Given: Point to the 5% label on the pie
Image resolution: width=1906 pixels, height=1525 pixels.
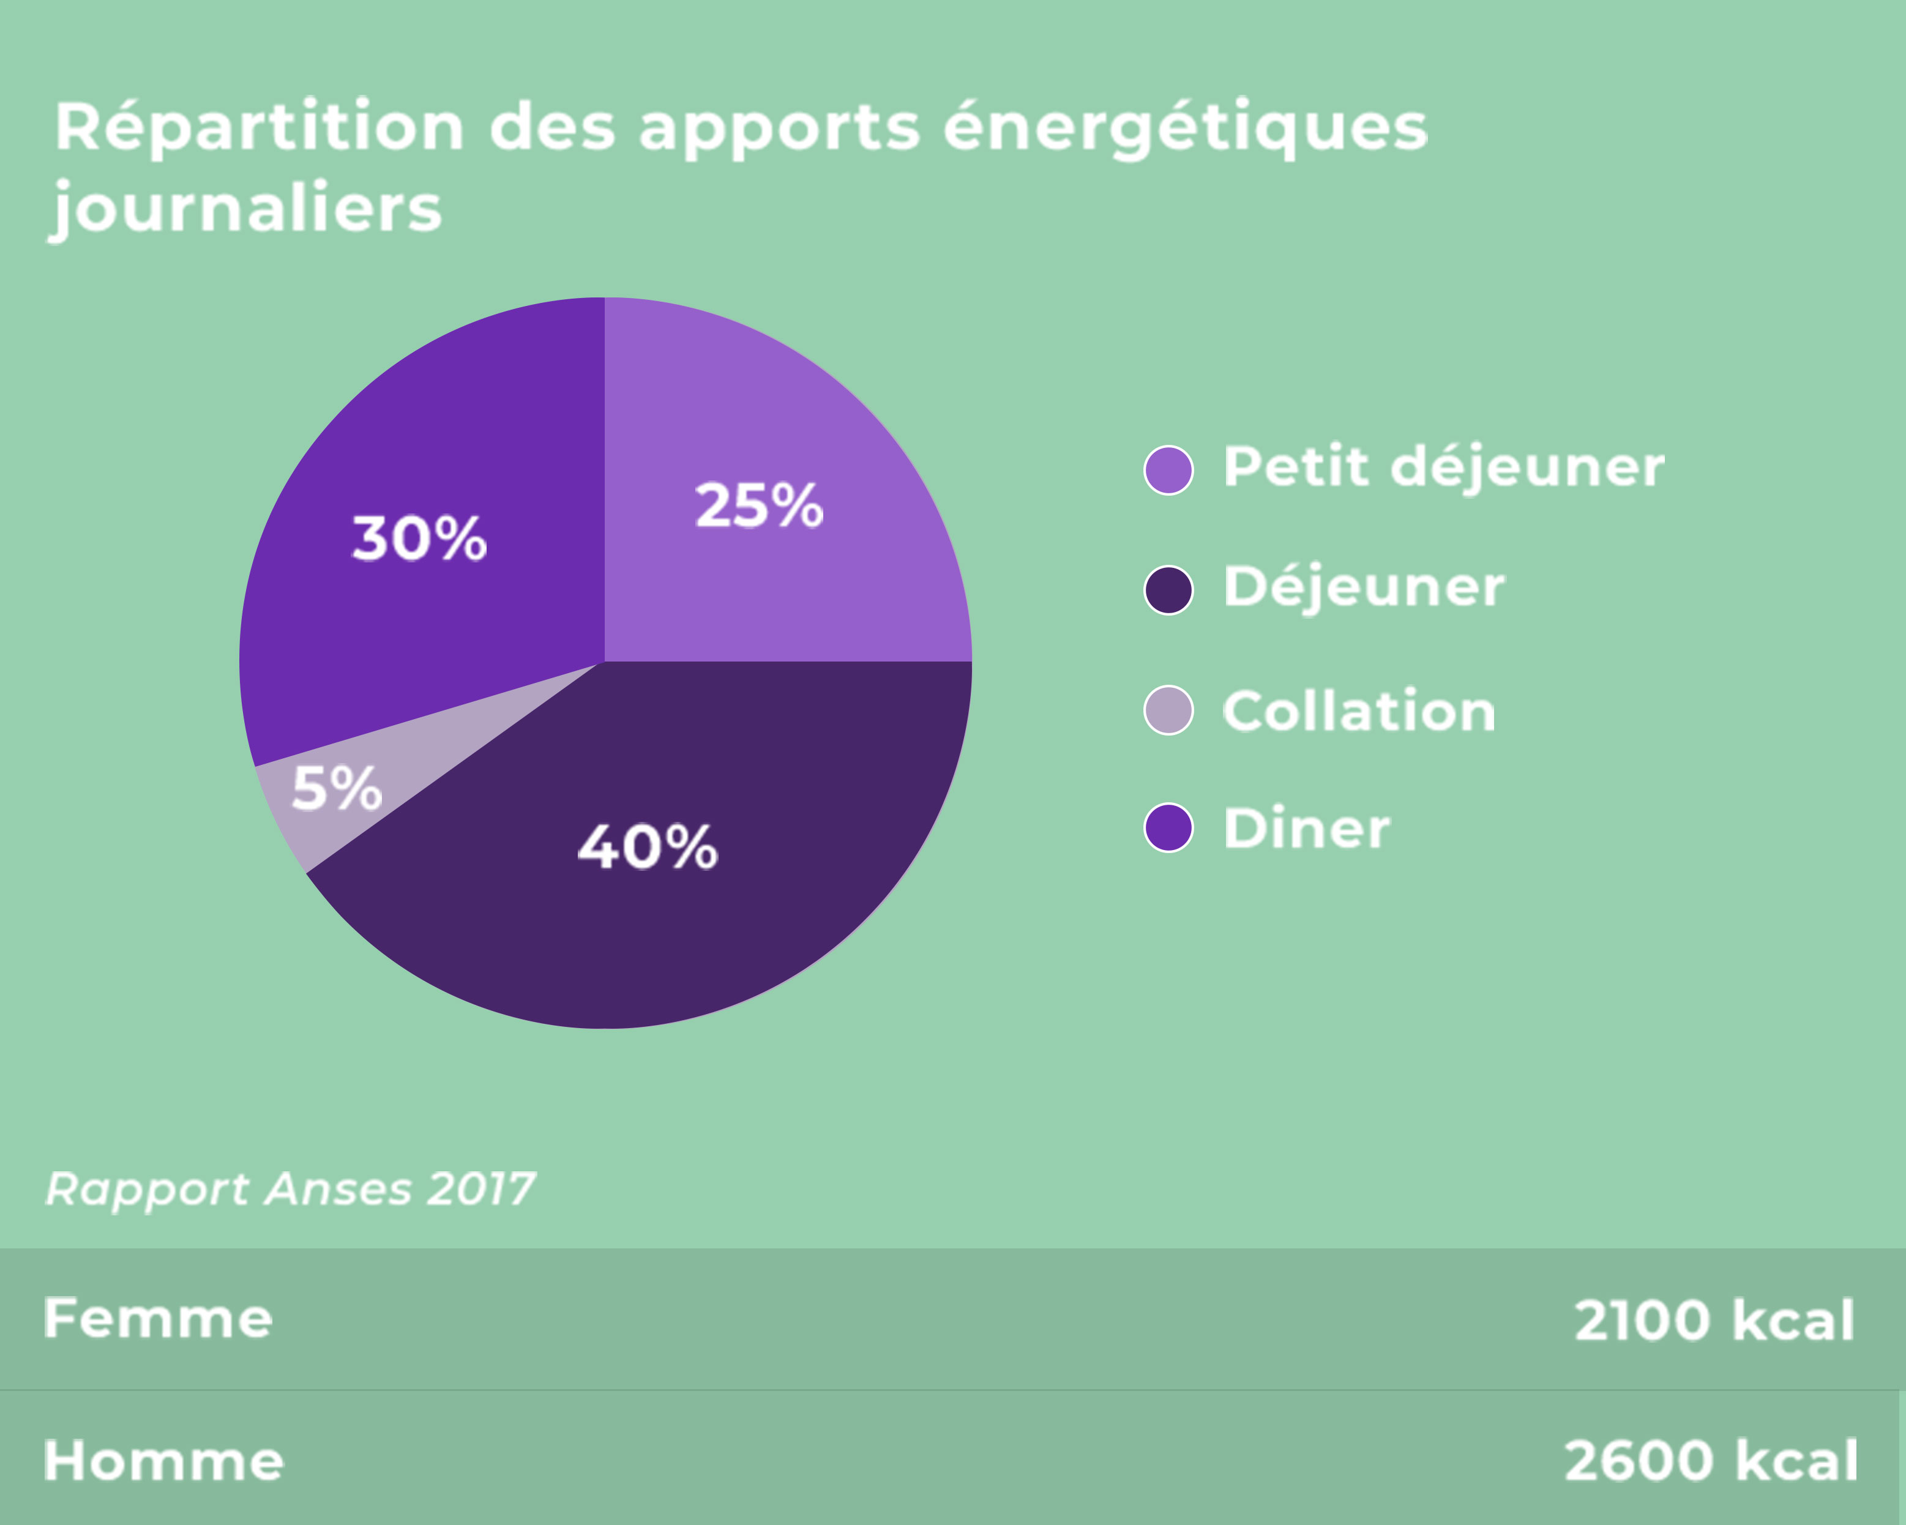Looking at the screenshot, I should pyautogui.click(x=336, y=789).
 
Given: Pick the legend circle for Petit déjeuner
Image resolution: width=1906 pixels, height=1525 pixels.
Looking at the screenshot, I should pyautogui.click(x=1168, y=471).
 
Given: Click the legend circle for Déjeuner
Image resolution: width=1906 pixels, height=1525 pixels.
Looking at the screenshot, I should pyautogui.click(x=1168, y=591).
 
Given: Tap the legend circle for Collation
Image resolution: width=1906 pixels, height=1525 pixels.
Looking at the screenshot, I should pyautogui.click(x=1168, y=710).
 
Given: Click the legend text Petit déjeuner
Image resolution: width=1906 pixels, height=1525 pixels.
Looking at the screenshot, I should pyautogui.click(x=1443, y=467).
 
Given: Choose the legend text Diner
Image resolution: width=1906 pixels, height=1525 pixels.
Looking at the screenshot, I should pyautogui.click(x=1306, y=829).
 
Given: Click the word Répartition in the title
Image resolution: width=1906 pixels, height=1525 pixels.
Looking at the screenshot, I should pyautogui.click(x=259, y=128).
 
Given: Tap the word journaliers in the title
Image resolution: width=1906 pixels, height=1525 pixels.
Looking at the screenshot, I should pyautogui.click(x=247, y=209).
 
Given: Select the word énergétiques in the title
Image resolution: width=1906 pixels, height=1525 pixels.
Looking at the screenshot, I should pyautogui.click(x=1184, y=128).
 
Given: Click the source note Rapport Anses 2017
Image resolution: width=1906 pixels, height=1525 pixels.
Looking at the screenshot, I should pyautogui.click(x=290, y=1189).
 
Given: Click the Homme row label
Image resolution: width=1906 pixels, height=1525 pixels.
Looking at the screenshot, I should pyautogui.click(x=163, y=1461).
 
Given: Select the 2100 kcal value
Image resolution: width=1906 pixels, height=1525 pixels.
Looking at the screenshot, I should pyautogui.click(x=1713, y=1321).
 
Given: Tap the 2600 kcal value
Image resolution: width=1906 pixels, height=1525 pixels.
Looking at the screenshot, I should pyautogui.click(x=1711, y=1461).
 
